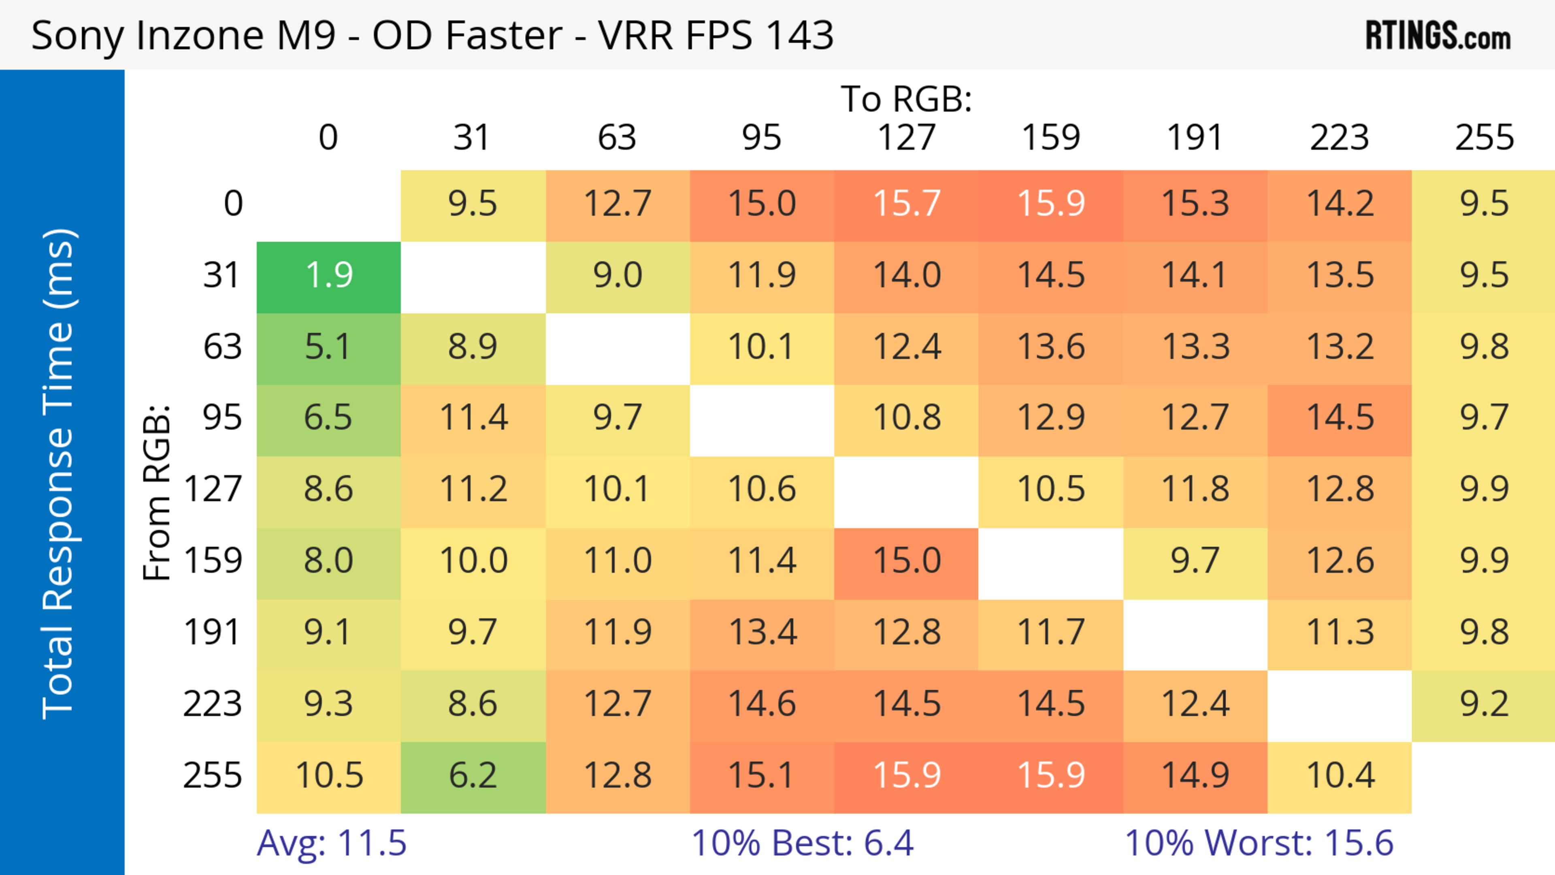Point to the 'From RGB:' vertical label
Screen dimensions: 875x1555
pos(156,492)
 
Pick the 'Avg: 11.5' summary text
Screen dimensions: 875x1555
pos(331,843)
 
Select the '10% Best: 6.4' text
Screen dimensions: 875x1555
pos(802,843)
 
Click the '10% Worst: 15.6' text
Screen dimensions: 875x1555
pos(1259,843)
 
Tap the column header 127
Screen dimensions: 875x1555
pos(906,138)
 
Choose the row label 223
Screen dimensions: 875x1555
pos(213,704)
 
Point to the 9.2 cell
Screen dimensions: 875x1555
pos(1484,704)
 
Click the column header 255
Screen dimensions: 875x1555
pos(1484,138)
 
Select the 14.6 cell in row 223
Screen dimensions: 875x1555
pos(762,704)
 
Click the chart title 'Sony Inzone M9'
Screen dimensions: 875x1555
pos(432,35)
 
